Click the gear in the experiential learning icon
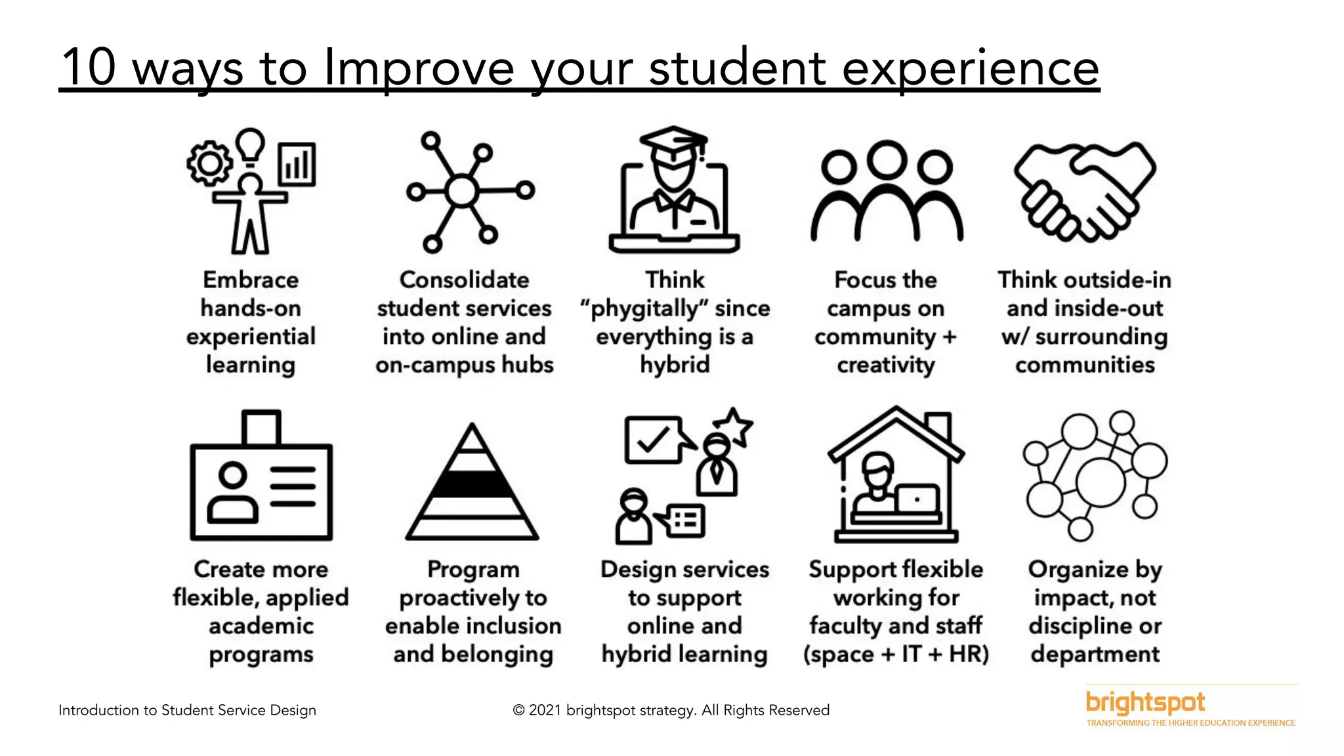(x=209, y=163)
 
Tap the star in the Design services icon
(x=733, y=426)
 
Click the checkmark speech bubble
(x=653, y=440)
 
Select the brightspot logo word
(x=1145, y=703)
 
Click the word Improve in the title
(x=419, y=68)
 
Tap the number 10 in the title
(x=89, y=67)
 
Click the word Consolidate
(x=464, y=280)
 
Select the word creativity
(x=885, y=365)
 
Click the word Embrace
(x=251, y=280)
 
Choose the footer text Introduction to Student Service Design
(x=187, y=710)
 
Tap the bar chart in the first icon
(x=297, y=163)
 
